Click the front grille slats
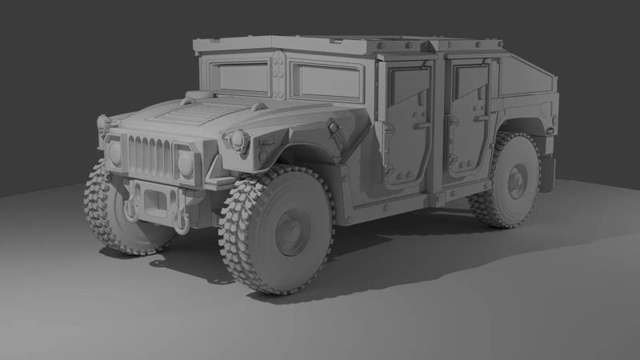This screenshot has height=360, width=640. coord(150,157)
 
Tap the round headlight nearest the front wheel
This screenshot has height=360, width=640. coord(186,164)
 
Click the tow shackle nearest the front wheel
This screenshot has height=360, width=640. coord(181,218)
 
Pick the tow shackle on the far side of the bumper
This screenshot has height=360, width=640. coord(128,210)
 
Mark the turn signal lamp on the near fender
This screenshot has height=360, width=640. coord(237,142)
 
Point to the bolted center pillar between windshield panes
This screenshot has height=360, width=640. coord(278,77)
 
